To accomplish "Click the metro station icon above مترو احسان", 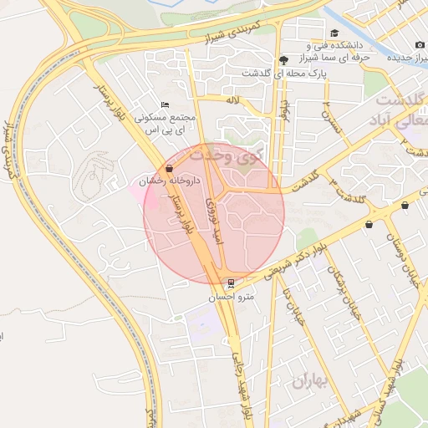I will point(231,283).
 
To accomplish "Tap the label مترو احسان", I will point(232,297).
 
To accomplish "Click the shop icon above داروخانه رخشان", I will point(170,168).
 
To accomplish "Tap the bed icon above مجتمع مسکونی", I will point(165,104).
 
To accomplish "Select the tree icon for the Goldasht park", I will point(284,59).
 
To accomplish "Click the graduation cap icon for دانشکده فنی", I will point(334,33).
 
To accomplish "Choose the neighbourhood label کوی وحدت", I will point(224,154).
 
